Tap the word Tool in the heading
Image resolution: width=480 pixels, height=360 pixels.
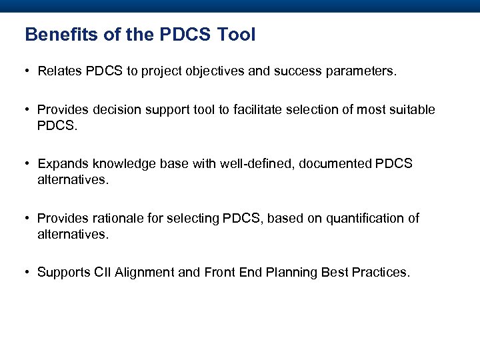[235, 35]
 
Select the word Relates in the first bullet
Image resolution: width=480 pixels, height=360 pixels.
[59, 71]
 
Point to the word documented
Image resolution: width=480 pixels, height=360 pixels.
[330, 164]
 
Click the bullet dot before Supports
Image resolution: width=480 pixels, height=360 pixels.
[27, 273]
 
